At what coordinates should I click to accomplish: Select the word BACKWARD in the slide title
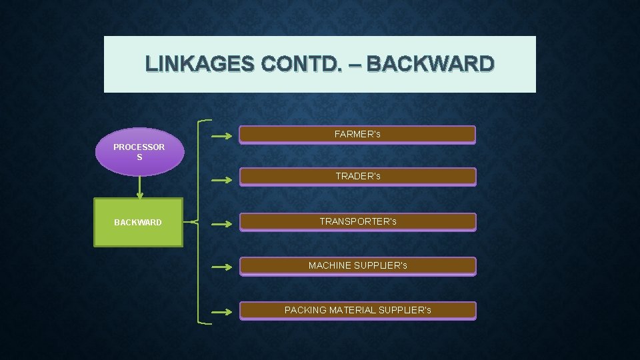[x=431, y=64]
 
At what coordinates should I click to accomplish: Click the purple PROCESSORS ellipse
[x=139, y=152]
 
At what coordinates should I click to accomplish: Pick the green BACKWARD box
[x=138, y=223]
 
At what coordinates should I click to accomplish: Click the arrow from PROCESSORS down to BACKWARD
[x=139, y=187]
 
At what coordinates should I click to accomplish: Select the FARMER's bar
[x=357, y=135]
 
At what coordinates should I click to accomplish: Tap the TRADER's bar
[x=357, y=177]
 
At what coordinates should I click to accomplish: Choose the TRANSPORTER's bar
[x=357, y=221]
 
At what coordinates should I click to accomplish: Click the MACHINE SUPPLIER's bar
[x=357, y=266]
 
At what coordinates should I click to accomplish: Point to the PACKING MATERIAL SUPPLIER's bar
[x=357, y=311]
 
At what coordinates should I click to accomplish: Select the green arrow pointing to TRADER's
[x=222, y=179]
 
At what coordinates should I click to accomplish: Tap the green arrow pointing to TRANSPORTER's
[x=222, y=225]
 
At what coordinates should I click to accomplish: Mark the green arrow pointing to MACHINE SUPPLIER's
[x=222, y=267]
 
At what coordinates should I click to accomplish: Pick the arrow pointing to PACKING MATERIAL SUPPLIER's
[x=222, y=311]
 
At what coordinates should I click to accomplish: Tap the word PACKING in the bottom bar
[x=305, y=311]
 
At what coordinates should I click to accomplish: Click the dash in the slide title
[x=354, y=64]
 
